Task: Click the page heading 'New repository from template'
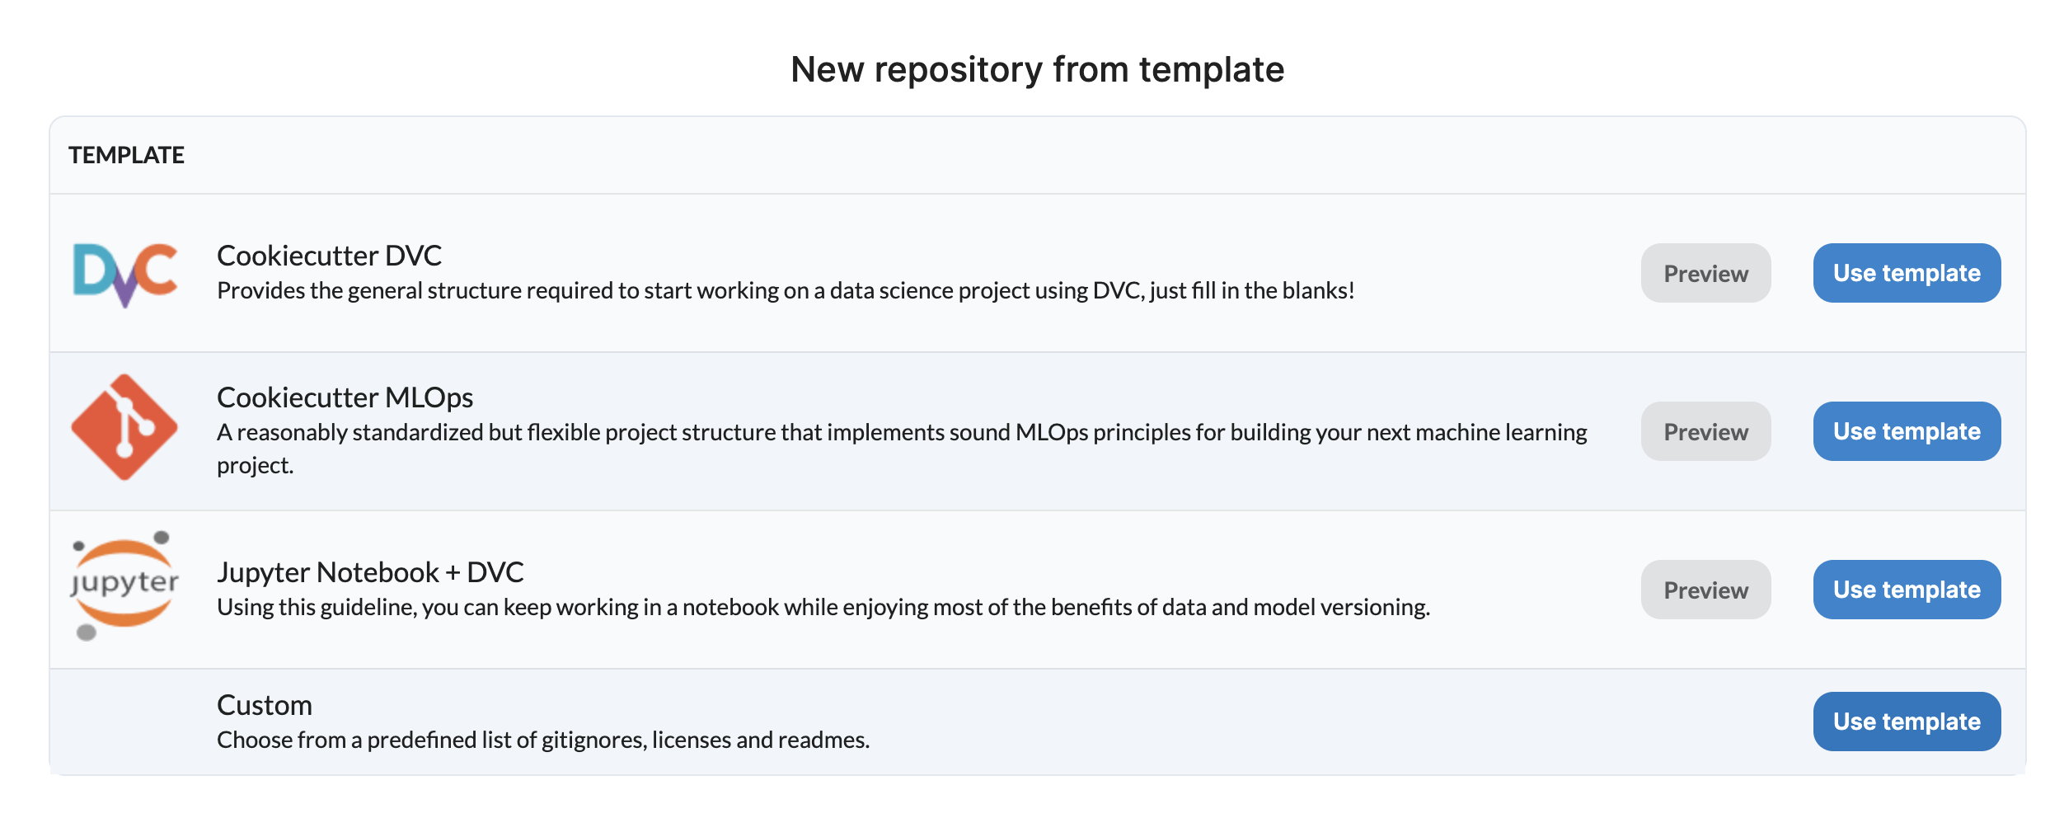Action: click(1037, 70)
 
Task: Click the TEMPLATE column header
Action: click(126, 155)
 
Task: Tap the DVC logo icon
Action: click(125, 274)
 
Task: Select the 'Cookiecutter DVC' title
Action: click(329, 256)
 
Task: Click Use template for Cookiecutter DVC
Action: click(1907, 273)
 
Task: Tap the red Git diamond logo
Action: click(124, 427)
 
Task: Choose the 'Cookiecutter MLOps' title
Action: click(345, 397)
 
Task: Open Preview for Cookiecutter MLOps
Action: click(1705, 431)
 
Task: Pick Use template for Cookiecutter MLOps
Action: click(1907, 431)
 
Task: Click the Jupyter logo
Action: click(124, 585)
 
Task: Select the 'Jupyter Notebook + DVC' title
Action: click(370, 572)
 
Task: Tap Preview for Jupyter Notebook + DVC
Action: click(1705, 590)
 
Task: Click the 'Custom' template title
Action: click(264, 705)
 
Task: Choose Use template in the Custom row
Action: click(1907, 722)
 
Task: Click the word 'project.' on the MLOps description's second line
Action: click(255, 467)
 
